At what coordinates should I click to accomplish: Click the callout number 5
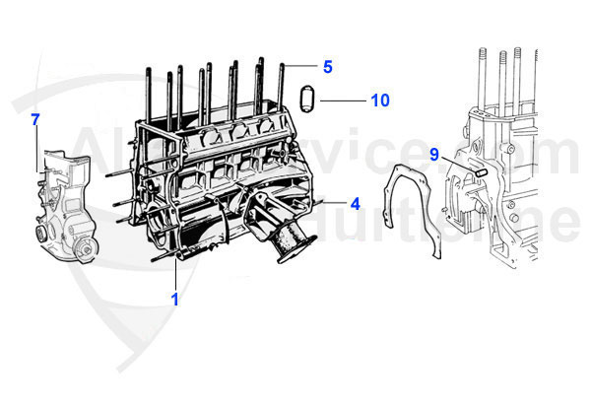(328, 67)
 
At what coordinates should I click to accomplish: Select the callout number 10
(380, 101)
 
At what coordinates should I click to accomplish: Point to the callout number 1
(175, 300)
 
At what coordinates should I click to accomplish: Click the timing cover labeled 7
(63, 212)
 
